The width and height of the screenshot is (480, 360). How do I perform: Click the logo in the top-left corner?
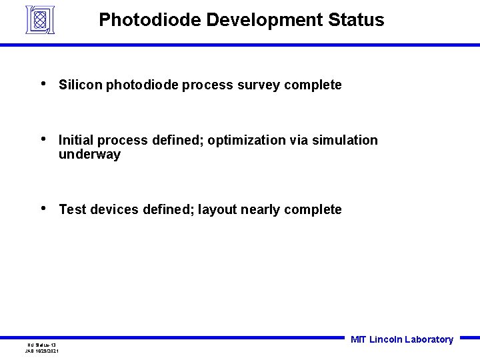[39, 19]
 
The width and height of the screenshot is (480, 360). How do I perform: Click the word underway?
[89, 155]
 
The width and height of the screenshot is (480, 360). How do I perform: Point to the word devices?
[113, 210]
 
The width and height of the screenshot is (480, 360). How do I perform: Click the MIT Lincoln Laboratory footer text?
[401, 340]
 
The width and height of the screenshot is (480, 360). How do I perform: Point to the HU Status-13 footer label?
[41, 345]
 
